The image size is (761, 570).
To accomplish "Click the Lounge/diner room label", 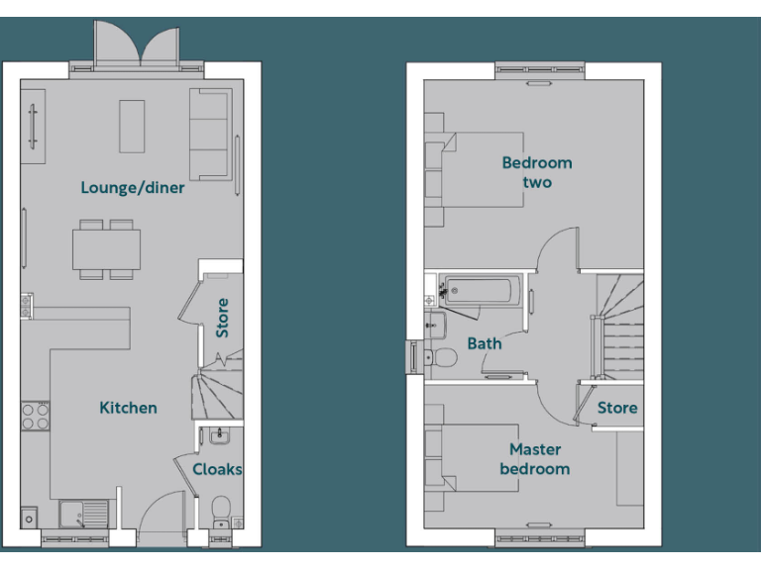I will [x=132, y=187].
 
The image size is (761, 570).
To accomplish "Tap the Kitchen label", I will [x=128, y=408].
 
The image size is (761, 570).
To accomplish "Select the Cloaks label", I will [x=217, y=469].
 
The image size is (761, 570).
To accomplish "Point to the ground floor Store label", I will [x=222, y=318].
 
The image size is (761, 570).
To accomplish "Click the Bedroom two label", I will [x=536, y=172].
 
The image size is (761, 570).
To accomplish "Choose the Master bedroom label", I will [x=534, y=459].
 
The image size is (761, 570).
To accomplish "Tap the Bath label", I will [x=485, y=343].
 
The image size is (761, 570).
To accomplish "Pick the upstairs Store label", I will [x=617, y=408].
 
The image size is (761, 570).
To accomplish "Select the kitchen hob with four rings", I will [x=36, y=416].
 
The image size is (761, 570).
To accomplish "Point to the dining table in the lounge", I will [x=105, y=248].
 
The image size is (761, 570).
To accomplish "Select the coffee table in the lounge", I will [x=132, y=126].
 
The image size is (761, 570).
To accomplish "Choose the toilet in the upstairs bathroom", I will [x=442, y=357].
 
